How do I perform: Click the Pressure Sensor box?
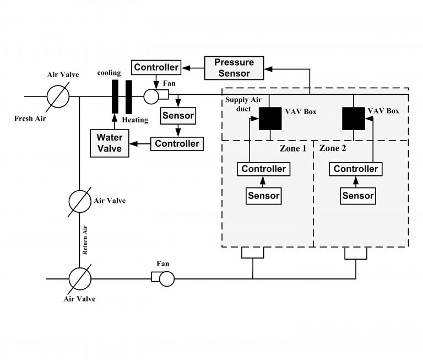pos(234,68)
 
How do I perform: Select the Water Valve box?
pos(110,143)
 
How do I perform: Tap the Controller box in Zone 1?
pos(264,169)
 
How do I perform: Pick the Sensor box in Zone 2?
pos(357,196)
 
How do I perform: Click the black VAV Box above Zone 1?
pos(270,119)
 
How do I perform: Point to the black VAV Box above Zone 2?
pos(354,119)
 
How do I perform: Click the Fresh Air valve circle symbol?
pos(58,96)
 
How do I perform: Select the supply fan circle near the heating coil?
pos(151,96)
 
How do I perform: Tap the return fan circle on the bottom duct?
pos(167,279)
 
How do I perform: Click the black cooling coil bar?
pos(115,96)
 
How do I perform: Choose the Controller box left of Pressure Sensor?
pos(156,67)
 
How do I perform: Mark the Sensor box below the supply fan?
pos(178,116)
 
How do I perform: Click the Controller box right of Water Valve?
pos(177,144)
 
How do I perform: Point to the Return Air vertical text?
pos(85,240)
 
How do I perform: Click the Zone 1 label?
pos(293,148)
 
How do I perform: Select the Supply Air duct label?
pos(243,104)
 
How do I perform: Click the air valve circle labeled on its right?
pos(80,201)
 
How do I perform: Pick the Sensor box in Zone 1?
pos(264,196)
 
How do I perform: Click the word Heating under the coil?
pos(135,120)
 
